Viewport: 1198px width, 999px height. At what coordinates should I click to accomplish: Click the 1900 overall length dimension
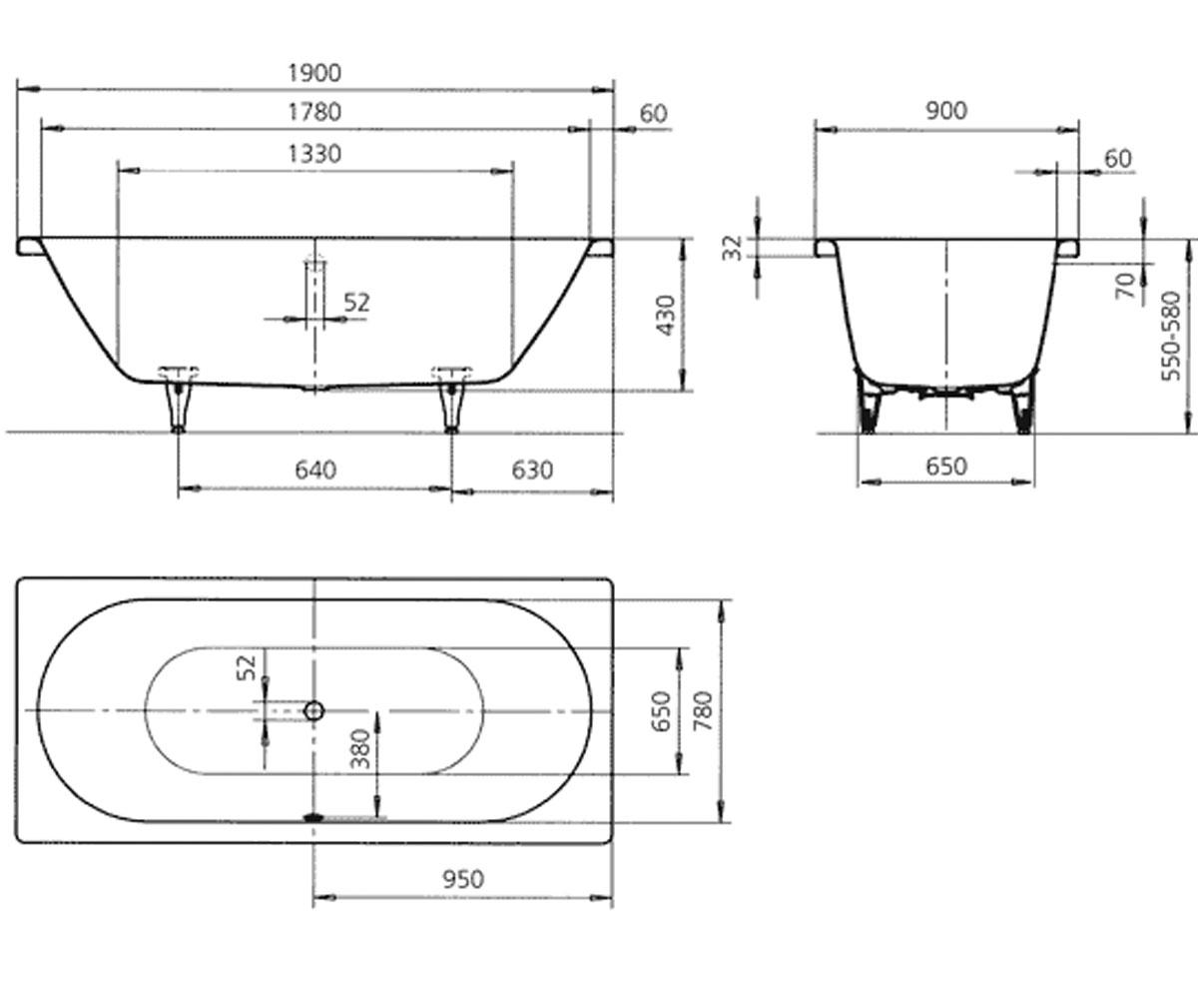(314, 74)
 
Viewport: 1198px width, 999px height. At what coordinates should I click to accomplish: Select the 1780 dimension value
(314, 112)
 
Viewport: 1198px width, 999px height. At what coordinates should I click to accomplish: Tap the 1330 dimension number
(314, 154)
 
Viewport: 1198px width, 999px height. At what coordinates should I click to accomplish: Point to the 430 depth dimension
(666, 316)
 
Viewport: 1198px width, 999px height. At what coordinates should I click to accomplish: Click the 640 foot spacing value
(315, 471)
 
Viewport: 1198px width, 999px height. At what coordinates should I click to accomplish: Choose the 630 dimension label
(532, 471)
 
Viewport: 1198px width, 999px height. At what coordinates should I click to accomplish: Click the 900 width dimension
(946, 111)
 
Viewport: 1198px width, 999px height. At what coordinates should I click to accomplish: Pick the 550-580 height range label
(1171, 337)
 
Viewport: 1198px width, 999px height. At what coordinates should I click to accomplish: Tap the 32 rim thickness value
(732, 248)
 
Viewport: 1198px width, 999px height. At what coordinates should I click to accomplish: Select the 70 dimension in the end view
(1126, 286)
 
